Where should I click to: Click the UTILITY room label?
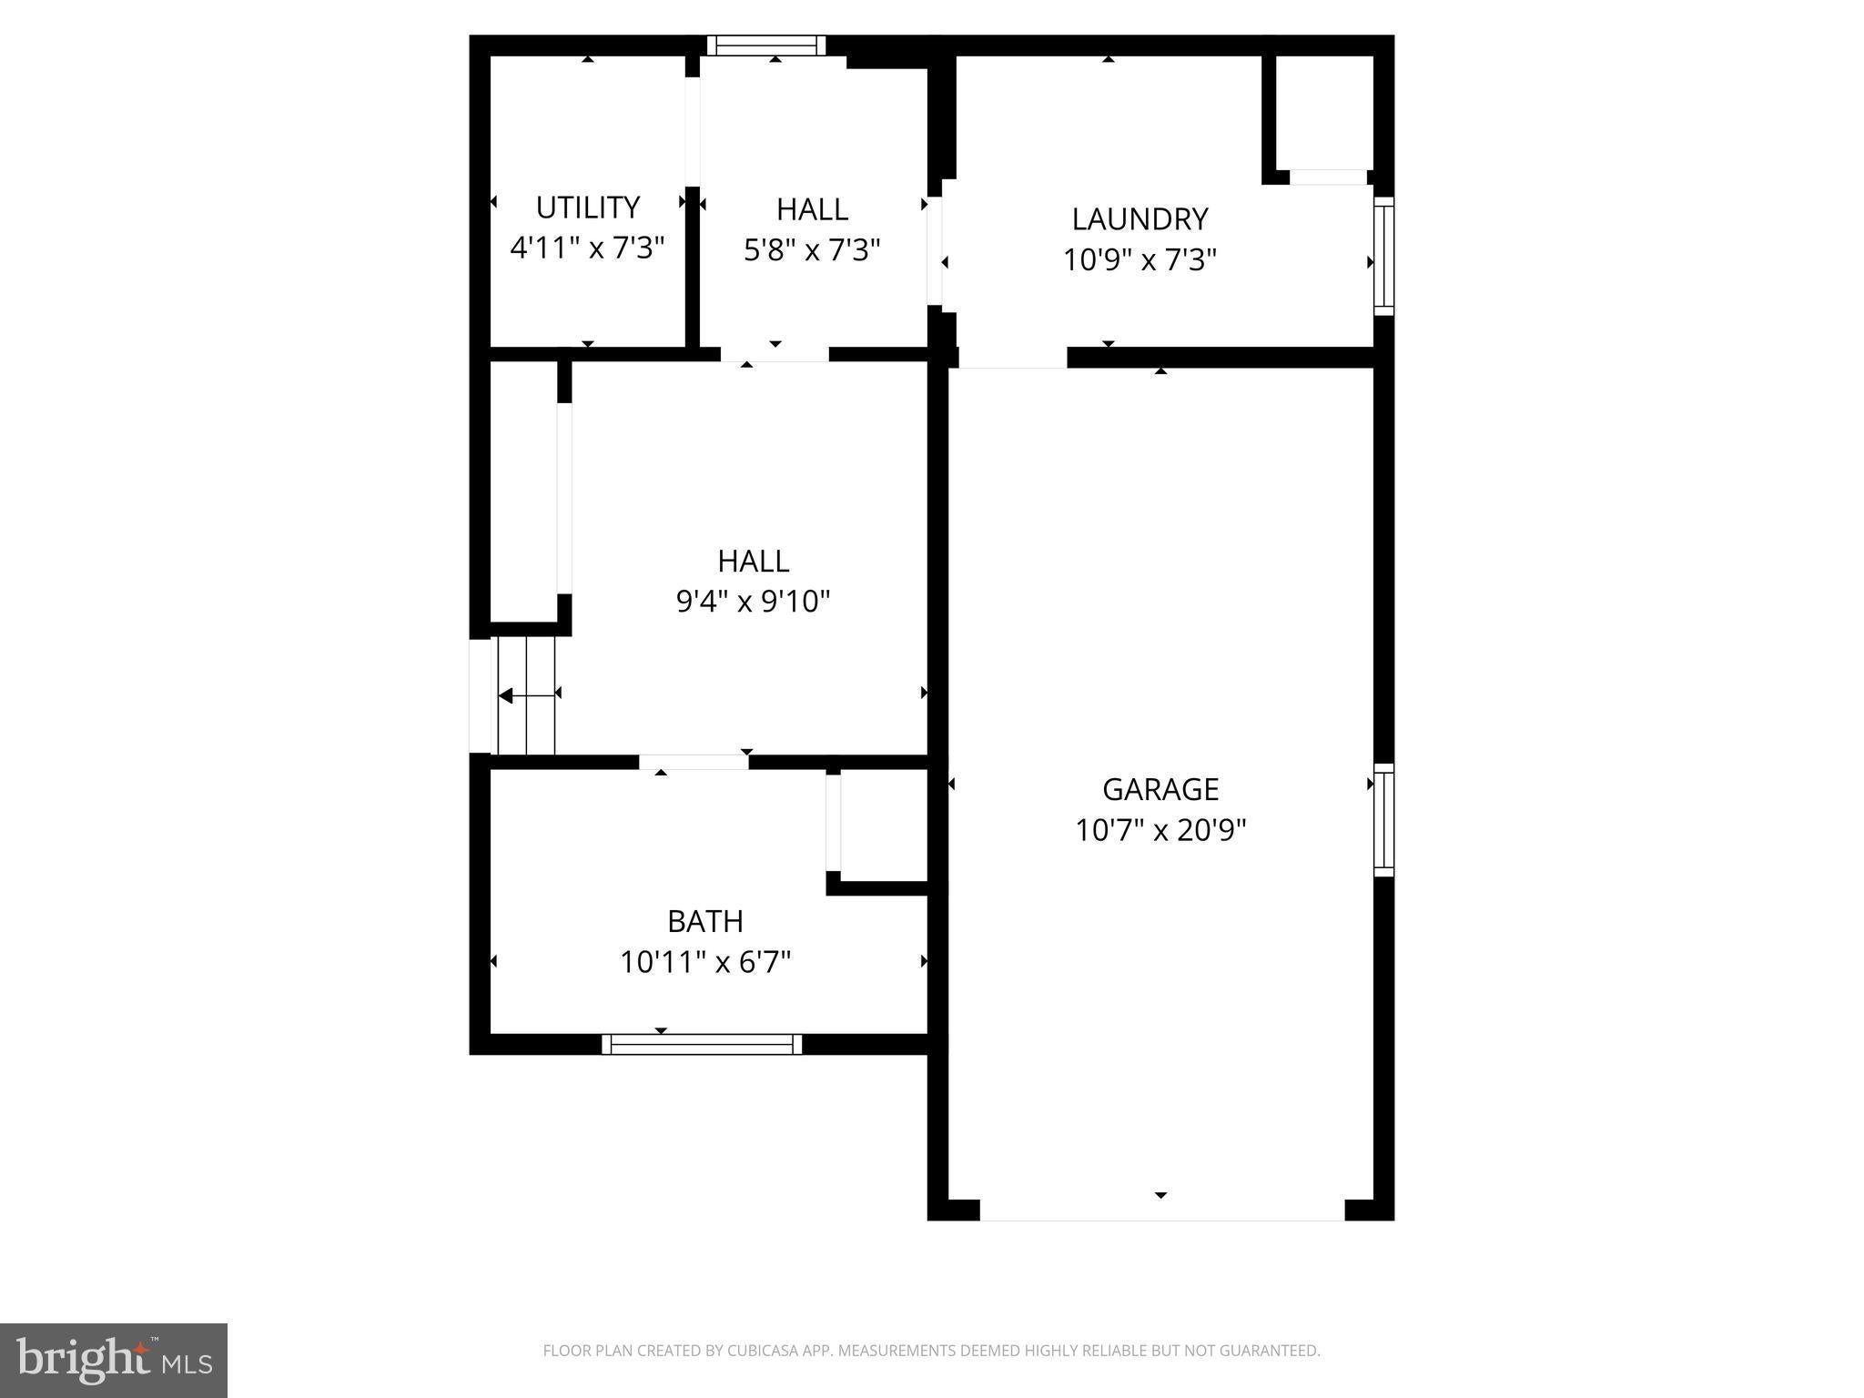(587, 208)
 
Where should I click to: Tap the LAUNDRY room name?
(1140, 219)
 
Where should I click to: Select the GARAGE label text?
(1160, 789)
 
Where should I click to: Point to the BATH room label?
(705, 922)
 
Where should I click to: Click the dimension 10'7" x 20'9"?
(1160, 830)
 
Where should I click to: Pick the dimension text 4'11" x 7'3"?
(587, 248)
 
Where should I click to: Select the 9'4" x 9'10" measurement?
(753, 602)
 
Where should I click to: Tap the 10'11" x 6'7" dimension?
(705, 962)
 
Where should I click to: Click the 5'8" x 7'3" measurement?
(812, 249)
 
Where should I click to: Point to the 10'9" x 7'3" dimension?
(1140, 260)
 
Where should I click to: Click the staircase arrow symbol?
(527, 696)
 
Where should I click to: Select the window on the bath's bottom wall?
(702, 1044)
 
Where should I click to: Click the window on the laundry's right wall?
(1383, 257)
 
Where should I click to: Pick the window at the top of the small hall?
(766, 46)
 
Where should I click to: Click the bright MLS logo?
(114, 1360)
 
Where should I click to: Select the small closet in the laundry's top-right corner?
(1322, 114)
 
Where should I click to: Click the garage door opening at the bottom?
(1161, 1211)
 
